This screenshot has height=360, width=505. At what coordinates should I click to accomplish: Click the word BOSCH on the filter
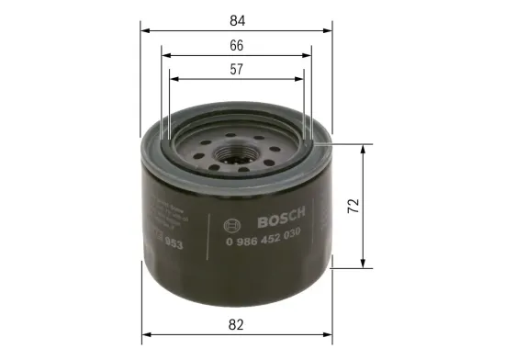286,221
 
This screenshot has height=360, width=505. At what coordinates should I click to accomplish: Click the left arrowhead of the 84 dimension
144,28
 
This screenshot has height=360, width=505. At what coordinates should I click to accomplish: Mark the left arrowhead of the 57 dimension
174,78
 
